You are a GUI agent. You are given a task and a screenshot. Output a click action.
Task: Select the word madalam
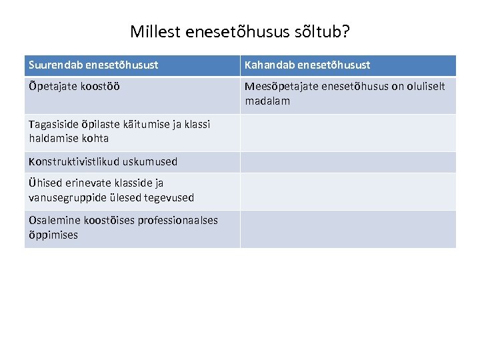267,101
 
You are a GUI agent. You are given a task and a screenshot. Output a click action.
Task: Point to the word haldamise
55,138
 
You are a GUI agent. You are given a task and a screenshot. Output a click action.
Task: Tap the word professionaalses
177,220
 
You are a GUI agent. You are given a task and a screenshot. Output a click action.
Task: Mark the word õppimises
53,235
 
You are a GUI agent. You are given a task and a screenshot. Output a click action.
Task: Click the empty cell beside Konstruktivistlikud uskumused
348,162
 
